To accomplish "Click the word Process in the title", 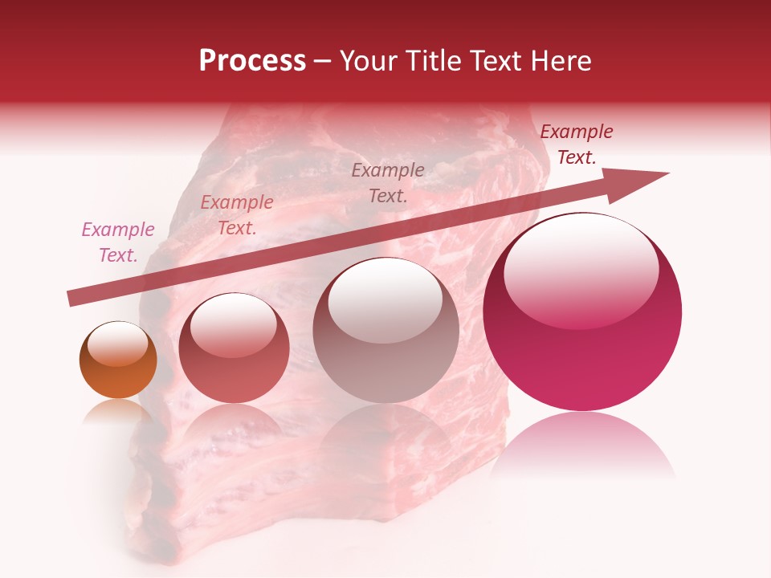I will [252, 61].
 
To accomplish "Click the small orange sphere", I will [118, 360].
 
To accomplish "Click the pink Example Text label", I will [118, 242].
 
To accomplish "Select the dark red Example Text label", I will [577, 144].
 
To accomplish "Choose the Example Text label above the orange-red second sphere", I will [237, 215].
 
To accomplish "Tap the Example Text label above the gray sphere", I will [388, 182].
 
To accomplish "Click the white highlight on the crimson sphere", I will [581, 269].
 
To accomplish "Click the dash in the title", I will [323, 61].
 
